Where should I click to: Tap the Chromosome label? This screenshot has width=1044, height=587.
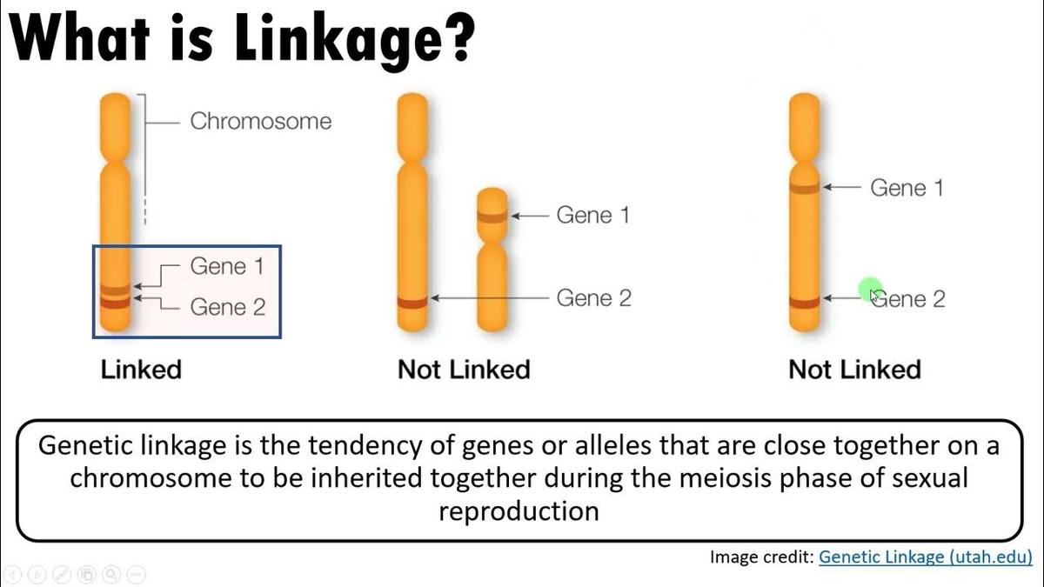point(260,121)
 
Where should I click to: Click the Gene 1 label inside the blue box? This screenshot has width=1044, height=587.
point(226,266)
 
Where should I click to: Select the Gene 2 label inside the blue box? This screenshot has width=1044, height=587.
point(227,306)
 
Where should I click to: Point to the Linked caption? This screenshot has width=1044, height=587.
point(141,370)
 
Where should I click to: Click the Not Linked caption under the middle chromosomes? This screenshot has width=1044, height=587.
point(464,370)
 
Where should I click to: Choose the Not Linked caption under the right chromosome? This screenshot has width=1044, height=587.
point(854,370)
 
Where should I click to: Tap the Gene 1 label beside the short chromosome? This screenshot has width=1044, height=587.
point(592,216)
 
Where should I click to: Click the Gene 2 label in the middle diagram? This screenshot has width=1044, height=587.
point(593,298)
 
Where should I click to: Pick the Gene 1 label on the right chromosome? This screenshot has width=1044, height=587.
point(907,187)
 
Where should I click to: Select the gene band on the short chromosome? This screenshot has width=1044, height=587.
point(493,217)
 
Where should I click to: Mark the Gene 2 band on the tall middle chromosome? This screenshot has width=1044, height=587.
point(412,302)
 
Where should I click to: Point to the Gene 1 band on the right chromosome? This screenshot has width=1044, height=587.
point(804,187)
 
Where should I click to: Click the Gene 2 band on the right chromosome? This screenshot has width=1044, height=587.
point(804,302)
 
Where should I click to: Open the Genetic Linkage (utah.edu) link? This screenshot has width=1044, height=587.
point(926,557)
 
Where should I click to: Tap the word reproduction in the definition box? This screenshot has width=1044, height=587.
point(519,510)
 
